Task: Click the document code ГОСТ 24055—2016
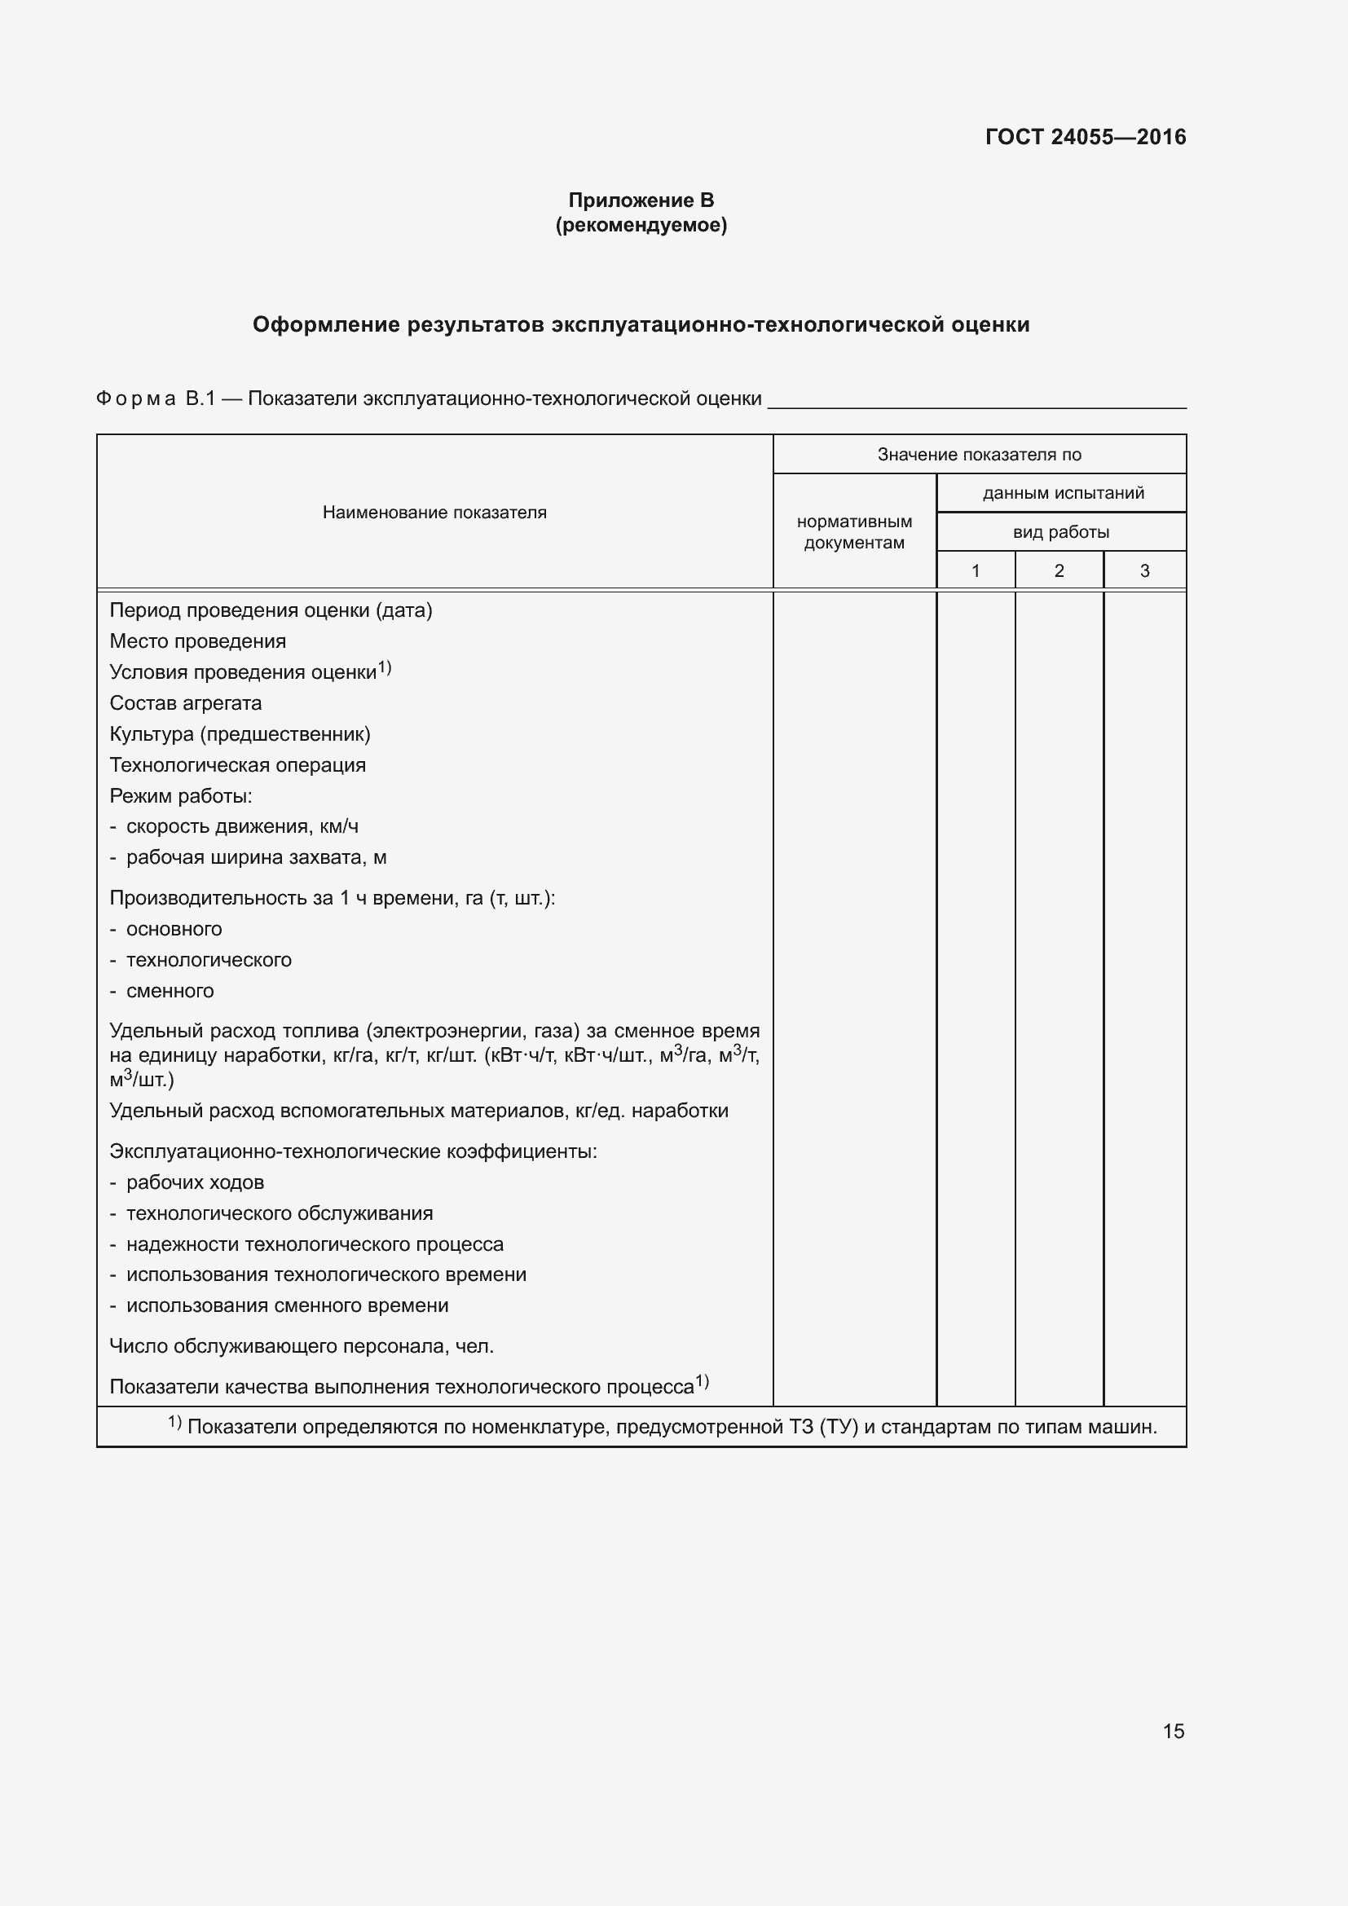[1085, 137]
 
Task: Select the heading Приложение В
[641, 200]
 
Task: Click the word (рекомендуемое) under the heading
[641, 225]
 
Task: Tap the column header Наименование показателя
[434, 513]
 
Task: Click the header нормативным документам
[854, 532]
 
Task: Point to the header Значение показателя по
[979, 454]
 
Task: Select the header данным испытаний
[1063, 493]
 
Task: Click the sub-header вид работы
[1061, 532]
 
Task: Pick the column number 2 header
[1059, 570]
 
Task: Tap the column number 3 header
[1143, 570]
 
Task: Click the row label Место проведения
[197, 640]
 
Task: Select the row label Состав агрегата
[185, 703]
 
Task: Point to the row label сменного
[170, 990]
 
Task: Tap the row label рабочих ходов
[194, 1182]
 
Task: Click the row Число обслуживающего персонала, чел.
[302, 1345]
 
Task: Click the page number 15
[1173, 1731]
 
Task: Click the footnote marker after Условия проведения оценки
[385, 667]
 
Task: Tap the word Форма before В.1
[136, 399]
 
